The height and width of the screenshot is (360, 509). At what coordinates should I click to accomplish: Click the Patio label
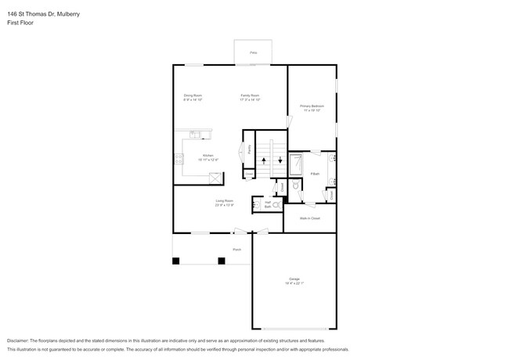pyautogui.click(x=253, y=52)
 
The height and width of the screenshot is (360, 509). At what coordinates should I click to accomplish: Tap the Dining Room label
pyautogui.click(x=193, y=95)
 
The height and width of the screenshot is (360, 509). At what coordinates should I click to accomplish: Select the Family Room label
pyautogui.click(x=250, y=95)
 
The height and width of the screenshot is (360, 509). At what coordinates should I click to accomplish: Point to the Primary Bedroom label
pyautogui.click(x=312, y=106)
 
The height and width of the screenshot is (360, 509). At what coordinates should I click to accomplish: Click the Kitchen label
pyautogui.click(x=208, y=155)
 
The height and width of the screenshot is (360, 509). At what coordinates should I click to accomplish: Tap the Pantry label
pyautogui.click(x=249, y=149)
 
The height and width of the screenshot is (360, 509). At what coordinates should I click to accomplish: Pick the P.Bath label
pyautogui.click(x=315, y=174)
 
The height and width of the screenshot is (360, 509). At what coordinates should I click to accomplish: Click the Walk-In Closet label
pyautogui.click(x=310, y=218)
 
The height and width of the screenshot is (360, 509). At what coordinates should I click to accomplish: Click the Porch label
pyautogui.click(x=236, y=249)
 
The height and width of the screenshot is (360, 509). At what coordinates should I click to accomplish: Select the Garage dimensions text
pyautogui.click(x=294, y=283)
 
